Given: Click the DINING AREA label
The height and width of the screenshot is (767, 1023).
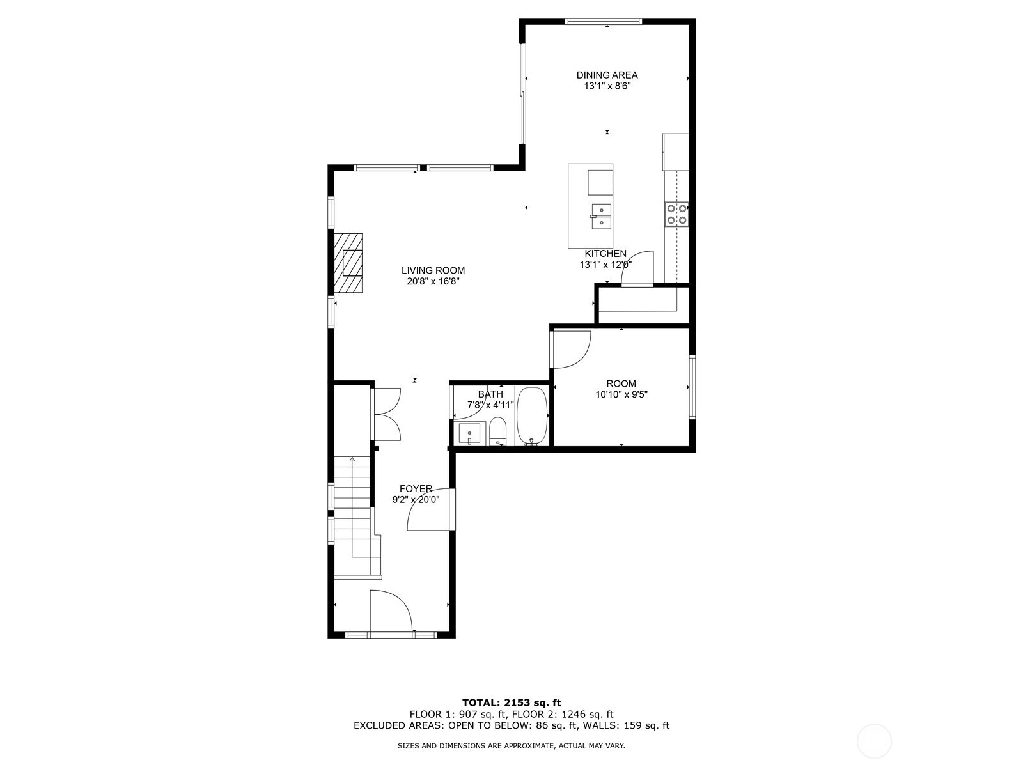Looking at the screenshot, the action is pos(607,75).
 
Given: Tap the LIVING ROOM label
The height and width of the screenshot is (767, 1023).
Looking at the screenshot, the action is pos(433,270).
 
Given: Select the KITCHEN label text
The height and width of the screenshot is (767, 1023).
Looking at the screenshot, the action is pos(605,254).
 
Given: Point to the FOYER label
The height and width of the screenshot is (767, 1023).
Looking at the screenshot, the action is pos(416,488).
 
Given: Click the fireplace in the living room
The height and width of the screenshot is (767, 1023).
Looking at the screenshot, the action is pos(348,263).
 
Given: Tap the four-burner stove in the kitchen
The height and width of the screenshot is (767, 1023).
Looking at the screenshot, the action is pos(676,214).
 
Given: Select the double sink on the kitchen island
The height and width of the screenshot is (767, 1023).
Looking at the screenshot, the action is pos(602,217).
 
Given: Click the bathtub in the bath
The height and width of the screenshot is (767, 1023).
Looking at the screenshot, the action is pos(531,416).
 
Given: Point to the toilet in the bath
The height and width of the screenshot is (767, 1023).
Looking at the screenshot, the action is pos(497,431).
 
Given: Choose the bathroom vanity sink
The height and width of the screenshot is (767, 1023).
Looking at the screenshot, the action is pos(469,434).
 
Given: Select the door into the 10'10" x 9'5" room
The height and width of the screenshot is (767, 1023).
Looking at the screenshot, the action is pos(570,349).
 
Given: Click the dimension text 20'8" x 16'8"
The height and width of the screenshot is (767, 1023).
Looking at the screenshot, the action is pos(433,281).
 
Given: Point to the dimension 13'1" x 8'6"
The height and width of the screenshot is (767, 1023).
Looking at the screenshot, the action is pos(607,86).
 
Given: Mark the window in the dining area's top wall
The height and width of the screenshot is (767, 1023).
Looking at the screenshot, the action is pos(604,21).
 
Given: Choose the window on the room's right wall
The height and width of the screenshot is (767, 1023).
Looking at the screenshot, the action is pos(692,387).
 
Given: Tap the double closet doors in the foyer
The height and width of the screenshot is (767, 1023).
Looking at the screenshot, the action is pos(386,414).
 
